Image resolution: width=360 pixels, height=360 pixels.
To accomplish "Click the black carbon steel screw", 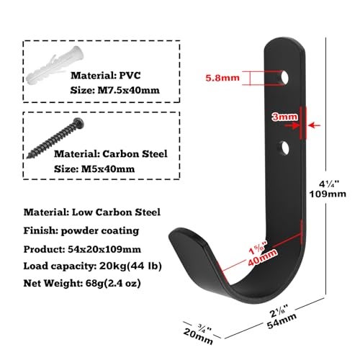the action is click(55, 138).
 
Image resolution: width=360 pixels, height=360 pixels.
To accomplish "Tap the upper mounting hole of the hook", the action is click(284, 77).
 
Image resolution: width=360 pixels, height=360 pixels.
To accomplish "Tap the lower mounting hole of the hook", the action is click(285, 148).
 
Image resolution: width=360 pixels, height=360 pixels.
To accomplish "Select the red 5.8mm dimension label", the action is click(222, 78).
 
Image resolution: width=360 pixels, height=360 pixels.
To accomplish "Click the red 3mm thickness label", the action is click(284, 117).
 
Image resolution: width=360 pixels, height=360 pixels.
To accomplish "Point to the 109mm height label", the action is click(328, 194).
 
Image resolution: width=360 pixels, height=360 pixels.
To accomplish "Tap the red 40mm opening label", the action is click(262, 258).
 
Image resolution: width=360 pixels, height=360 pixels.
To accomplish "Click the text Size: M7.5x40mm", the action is click(114, 91).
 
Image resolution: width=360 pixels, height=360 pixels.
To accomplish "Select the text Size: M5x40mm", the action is click(94, 169).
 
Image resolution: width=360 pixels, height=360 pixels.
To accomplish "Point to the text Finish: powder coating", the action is click(81, 231).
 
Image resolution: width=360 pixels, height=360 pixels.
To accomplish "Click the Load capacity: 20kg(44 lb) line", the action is click(92, 266).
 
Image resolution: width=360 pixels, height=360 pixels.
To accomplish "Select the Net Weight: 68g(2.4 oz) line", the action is click(82, 284).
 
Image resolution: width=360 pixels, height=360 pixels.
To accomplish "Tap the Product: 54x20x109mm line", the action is click(82, 249).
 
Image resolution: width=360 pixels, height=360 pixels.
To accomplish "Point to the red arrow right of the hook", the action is click(315, 125).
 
